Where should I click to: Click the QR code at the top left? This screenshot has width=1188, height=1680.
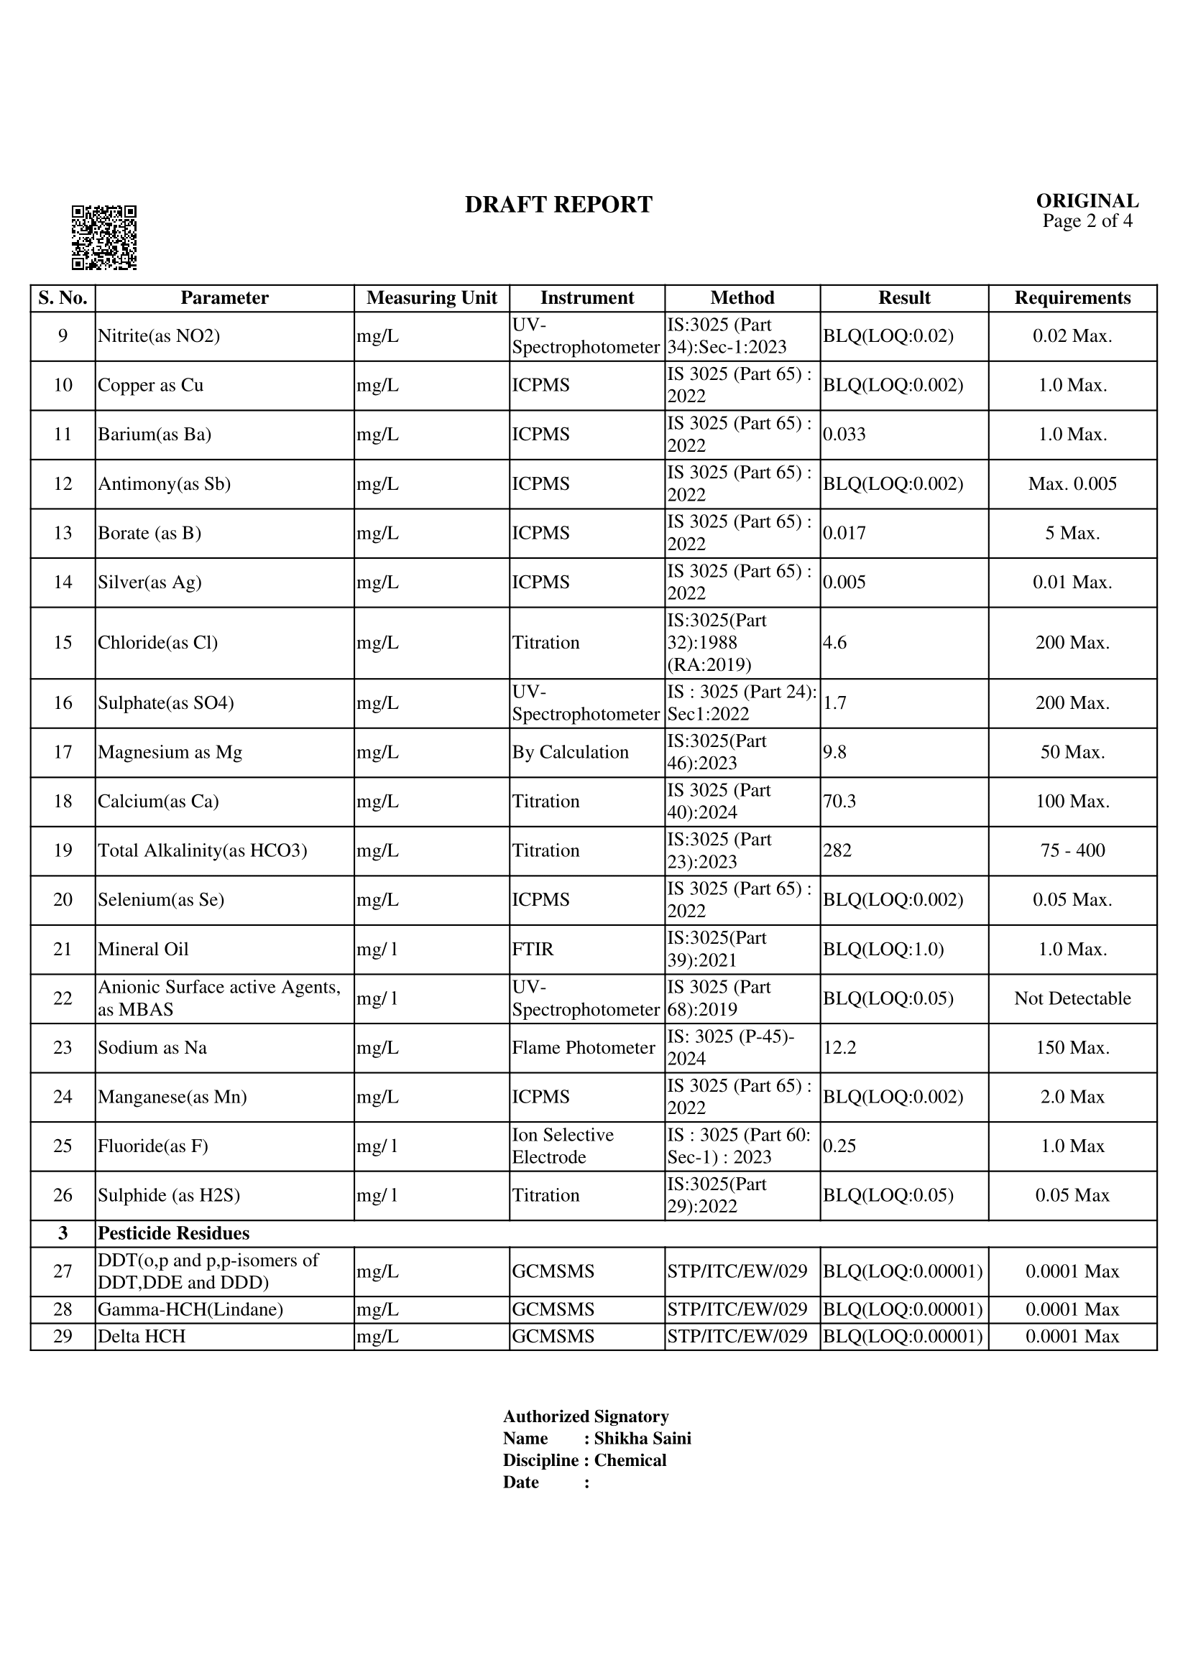click(x=104, y=237)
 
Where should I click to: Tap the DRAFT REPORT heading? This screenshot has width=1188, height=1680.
click(x=558, y=205)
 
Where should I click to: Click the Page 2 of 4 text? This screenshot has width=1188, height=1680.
click(x=1087, y=221)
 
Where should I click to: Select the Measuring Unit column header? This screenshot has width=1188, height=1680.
click(x=431, y=298)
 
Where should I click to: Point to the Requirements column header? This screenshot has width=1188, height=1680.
click(x=1072, y=298)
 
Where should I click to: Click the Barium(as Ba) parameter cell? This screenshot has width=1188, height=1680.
click(x=155, y=435)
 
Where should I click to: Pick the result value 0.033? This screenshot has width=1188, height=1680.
click(x=844, y=435)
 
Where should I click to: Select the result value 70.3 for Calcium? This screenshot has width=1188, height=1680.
click(x=839, y=802)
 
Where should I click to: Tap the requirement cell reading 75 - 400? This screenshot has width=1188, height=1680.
click(x=1072, y=850)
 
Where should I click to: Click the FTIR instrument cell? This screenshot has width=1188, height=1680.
click(x=533, y=949)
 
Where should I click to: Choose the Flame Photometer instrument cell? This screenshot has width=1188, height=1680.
click(x=583, y=1048)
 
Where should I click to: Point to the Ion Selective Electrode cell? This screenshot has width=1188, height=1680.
click(x=562, y=1146)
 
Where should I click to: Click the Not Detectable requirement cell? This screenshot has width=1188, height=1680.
click(x=1072, y=998)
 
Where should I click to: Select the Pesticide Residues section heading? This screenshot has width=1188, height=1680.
click(x=173, y=1234)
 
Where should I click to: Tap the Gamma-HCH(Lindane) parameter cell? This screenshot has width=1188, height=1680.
click(x=190, y=1309)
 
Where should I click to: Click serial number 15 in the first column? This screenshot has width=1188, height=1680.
click(x=63, y=642)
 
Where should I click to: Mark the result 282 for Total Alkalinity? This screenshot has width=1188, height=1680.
click(x=837, y=850)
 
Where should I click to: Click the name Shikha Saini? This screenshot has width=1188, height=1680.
click(x=642, y=1439)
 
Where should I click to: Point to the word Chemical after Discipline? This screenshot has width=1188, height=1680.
click(x=630, y=1460)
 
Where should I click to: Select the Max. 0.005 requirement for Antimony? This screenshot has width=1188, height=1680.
click(x=1072, y=483)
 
